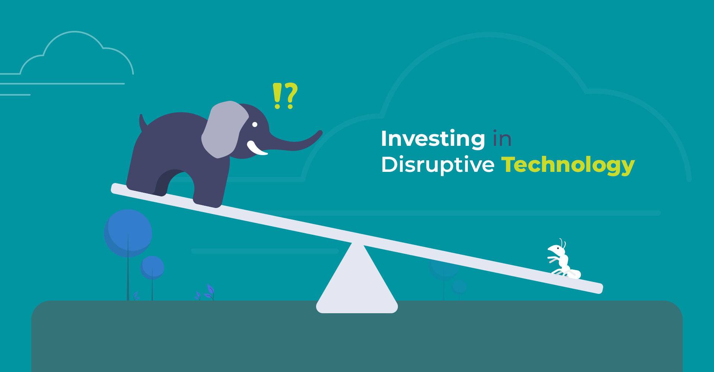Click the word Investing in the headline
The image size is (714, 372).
point(433,139)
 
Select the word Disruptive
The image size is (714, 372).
point(438,165)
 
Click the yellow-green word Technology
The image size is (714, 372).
point(568,165)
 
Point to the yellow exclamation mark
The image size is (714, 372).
point(277,96)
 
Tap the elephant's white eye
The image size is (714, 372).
point(255,125)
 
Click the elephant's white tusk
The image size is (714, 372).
point(256,148)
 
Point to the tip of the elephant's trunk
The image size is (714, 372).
point(320,132)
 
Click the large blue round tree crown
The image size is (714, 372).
point(128,233)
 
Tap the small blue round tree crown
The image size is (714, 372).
point(152,267)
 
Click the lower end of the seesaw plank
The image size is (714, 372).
point(599,288)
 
